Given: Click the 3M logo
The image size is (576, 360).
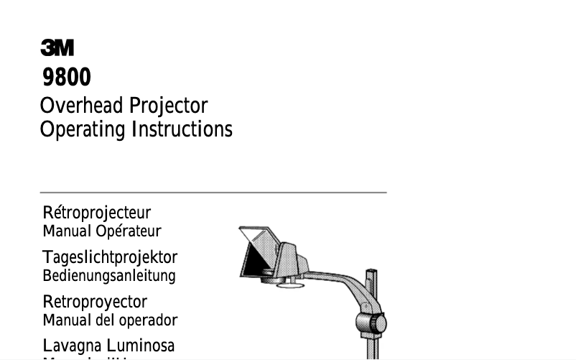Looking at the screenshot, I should point(57,49).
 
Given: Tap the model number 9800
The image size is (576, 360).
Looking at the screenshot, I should point(66,77).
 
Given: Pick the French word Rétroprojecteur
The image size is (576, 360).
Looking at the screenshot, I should point(97,213).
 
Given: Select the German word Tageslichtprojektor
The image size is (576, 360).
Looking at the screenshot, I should point(110,257).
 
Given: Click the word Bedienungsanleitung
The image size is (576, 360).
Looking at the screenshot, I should point(109,275).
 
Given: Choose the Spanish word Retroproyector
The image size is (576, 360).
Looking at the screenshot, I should point(95,302).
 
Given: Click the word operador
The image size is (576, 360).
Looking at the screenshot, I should point(148,320).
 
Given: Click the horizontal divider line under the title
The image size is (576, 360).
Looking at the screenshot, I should point(213,193).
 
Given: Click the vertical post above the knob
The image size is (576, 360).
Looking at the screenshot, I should point(371,287).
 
